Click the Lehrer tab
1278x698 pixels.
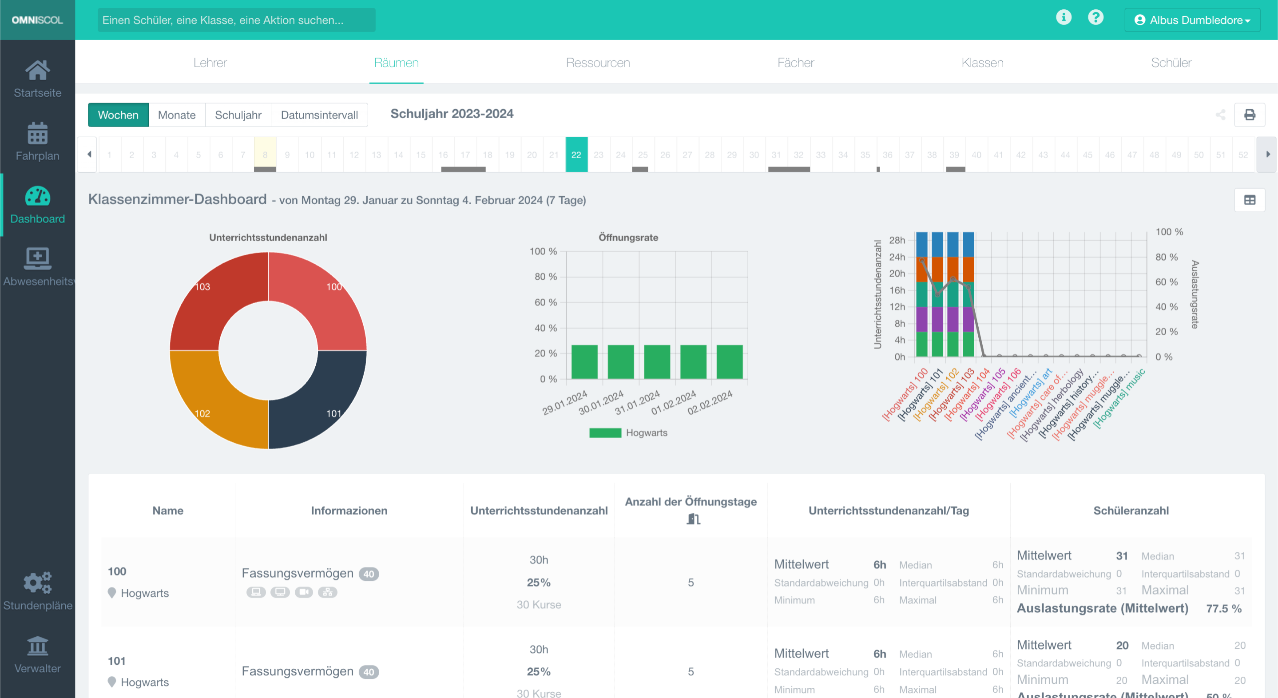(210, 63)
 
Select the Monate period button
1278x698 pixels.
(177, 115)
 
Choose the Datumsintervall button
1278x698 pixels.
(319, 115)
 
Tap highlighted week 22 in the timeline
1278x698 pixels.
(576, 155)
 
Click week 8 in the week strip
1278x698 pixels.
(265, 155)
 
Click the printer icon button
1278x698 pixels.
(1249, 115)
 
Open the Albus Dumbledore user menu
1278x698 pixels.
(1192, 20)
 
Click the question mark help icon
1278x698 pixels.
(1095, 17)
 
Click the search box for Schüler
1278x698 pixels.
(236, 20)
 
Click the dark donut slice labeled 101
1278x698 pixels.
(322, 397)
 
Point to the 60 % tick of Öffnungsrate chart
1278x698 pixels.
(545, 302)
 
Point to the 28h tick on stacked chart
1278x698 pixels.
(897, 240)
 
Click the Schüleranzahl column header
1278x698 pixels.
(1131, 511)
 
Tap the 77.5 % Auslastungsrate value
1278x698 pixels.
(1223, 609)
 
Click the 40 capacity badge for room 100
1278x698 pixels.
(369, 574)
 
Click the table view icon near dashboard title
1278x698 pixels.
(1249, 200)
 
